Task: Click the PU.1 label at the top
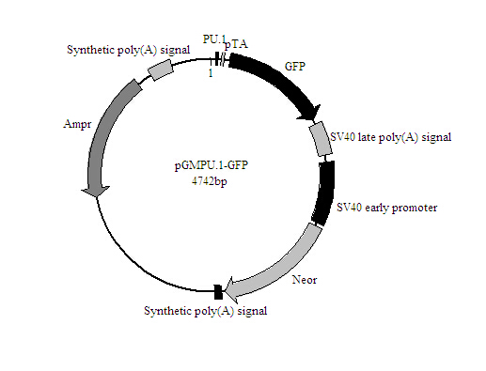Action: tap(214, 39)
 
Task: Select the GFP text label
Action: tap(296, 68)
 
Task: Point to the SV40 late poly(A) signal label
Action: tap(390, 137)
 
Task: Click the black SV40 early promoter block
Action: tap(325, 192)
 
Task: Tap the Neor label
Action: tap(304, 279)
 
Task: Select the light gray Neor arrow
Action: tap(282, 262)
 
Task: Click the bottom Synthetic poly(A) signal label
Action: tap(205, 310)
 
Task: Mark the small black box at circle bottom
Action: tap(218, 292)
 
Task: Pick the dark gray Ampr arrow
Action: tap(105, 131)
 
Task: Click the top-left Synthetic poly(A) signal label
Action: tap(127, 49)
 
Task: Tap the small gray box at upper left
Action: tap(162, 68)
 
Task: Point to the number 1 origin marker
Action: tap(211, 73)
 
